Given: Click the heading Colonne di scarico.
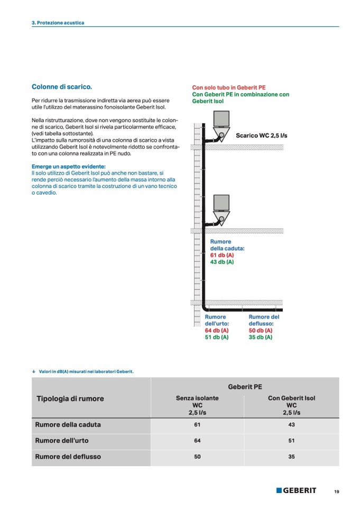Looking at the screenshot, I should pyautogui.click(x=62, y=86).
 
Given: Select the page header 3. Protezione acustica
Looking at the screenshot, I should pyautogui.click(x=58, y=23).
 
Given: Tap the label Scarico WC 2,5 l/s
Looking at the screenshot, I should pyautogui.click(x=261, y=135).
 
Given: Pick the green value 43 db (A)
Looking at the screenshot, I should pyautogui.click(x=222, y=262).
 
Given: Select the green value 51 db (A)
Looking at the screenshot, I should pyautogui.click(x=217, y=337).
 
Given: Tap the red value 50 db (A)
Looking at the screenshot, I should pyautogui.click(x=261, y=330).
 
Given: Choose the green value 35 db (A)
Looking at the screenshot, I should pyautogui.click(x=261, y=337).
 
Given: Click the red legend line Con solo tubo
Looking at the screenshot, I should pyautogui.click(x=228, y=87).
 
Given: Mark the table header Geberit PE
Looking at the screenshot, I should pyautogui.click(x=245, y=387).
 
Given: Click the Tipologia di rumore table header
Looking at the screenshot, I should pyautogui.click(x=70, y=399).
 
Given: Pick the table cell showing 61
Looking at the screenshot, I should pyautogui.click(x=197, y=425).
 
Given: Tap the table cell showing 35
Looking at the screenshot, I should pyautogui.click(x=291, y=457).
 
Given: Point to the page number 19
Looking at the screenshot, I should pyautogui.click(x=337, y=491).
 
